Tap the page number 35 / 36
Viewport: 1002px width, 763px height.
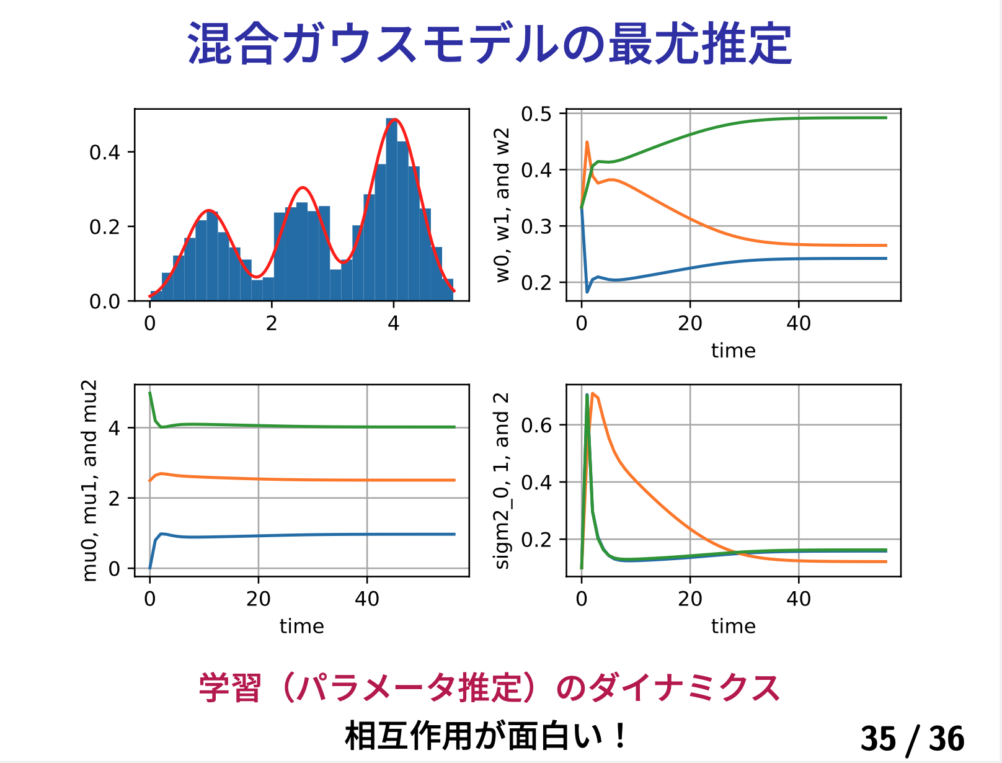912,738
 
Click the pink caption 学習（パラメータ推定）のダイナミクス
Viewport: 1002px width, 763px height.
489,688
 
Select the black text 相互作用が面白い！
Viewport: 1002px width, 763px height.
487,736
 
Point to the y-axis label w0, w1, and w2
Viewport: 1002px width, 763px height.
502,205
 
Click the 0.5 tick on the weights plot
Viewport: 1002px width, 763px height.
536,114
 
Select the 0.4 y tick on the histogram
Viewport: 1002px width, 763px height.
105,153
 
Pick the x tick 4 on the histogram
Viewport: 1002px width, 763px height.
393,323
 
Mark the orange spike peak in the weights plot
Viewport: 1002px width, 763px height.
587,142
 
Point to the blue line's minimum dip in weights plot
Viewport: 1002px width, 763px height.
587,292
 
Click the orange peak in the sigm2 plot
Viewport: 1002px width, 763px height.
593,393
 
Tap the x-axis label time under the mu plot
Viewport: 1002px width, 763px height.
301,627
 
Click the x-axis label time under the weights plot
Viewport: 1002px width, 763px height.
733,351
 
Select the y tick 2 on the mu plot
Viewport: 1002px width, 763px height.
114,498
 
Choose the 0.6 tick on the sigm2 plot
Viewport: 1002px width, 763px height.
536,426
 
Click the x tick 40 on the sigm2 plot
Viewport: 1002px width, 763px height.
798,599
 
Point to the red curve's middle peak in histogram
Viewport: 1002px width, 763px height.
302,187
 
